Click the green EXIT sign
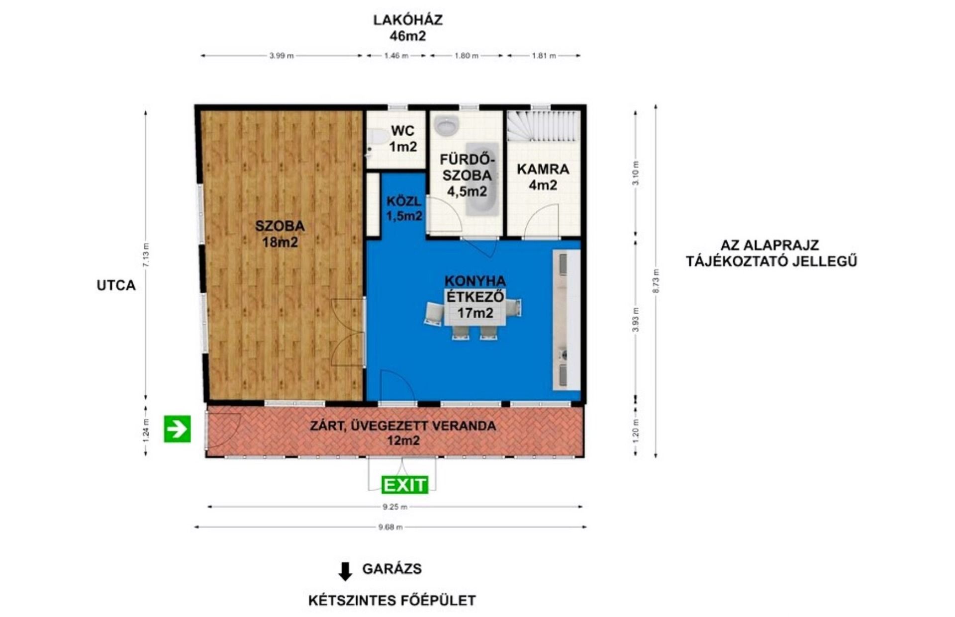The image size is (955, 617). (405, 485)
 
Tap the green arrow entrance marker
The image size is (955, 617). (177, 429)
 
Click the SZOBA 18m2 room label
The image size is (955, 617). (280, 234)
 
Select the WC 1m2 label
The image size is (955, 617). (403, 139)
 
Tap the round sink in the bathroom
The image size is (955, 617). (446, 125)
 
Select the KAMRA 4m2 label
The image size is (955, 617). (543, 177)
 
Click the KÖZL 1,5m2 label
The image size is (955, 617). (404, 209)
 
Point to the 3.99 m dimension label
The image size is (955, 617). (282, 56)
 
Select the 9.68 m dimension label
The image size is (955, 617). (390, 527)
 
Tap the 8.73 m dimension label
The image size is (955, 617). (656, 281)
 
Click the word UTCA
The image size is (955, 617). (116, 285)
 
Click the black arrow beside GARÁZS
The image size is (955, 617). (345, 571)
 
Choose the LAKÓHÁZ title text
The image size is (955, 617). (408, 20)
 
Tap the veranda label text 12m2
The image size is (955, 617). (403, 441)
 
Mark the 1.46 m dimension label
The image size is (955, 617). (396, 56)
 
